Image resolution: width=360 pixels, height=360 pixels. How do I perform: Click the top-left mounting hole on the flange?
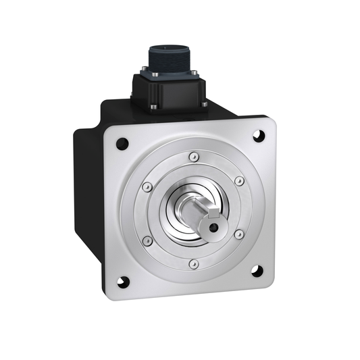[122, 143]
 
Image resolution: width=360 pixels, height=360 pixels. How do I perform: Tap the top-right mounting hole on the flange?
[259, 136]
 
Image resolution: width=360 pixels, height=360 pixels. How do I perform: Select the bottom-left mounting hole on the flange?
[124, 280]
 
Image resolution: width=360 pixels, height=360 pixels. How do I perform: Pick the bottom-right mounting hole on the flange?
[257, 271]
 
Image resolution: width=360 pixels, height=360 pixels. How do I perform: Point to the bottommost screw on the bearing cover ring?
[193, 264]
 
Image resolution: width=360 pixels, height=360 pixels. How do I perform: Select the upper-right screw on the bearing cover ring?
[238, 180]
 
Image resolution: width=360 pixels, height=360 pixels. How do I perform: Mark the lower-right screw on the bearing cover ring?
[238, 234]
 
